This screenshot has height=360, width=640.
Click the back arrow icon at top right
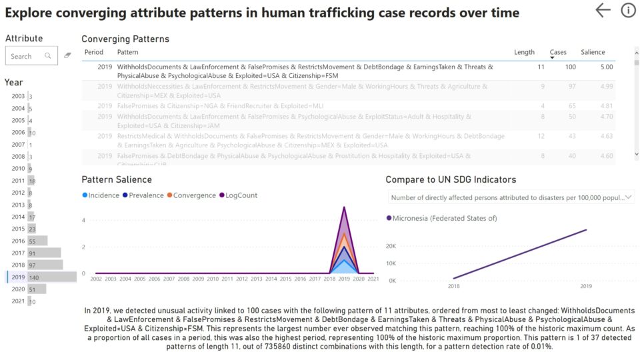point(603,10)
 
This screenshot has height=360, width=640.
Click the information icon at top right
point(628,10)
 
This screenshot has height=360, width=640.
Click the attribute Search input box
point(27,56)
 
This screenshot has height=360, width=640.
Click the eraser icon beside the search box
point(68,56)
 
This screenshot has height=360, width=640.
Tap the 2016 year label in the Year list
point(18,241)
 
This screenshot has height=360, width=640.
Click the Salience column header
point(593,52)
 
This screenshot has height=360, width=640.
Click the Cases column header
point(557,52)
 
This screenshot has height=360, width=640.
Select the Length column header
point(524,52)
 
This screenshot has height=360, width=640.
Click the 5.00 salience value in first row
point(606,67)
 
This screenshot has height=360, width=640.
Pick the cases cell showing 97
point(569,87)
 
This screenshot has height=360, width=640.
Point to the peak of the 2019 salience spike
point(345,207)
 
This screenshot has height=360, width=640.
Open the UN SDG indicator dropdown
point(510,197)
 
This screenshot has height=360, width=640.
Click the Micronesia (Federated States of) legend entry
point(441,218)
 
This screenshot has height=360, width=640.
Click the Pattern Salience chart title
point(116,179)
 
